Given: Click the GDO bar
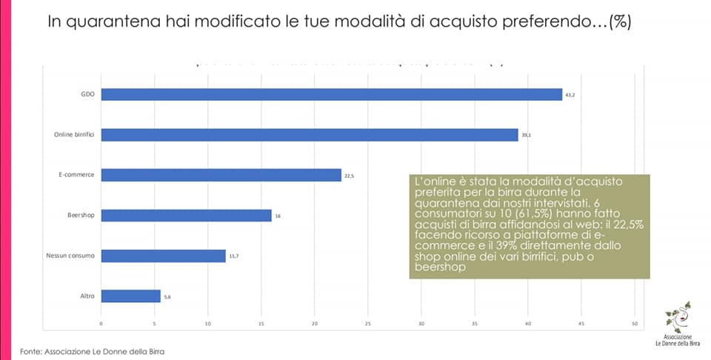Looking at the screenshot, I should (x=331, y=94).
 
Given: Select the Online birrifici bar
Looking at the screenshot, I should (x=309, y=135).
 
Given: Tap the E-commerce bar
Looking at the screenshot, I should (x=221, y=175).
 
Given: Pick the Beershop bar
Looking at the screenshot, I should (x=186, y=216).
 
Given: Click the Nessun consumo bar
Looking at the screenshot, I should (x=163, y=256).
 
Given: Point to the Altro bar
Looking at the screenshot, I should (x=130, y=296).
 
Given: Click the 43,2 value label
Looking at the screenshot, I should (x=570, y=95).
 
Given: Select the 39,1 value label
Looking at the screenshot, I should (x=526, y=136).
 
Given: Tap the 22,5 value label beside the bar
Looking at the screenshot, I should (x=349, y=176).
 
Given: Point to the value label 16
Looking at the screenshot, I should (x=277, y=216).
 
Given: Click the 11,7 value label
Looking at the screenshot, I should (x=233, y=256).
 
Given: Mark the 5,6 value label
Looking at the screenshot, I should (x=167, y=297).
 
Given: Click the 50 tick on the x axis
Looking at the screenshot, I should (x=635, y=324).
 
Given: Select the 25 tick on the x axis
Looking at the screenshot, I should (x=368, y=324).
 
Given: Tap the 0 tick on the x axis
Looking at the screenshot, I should (x=101, y=324).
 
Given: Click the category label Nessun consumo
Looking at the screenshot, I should (x=70, y=256).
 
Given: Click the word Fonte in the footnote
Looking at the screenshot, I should (x=30, y=351).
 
